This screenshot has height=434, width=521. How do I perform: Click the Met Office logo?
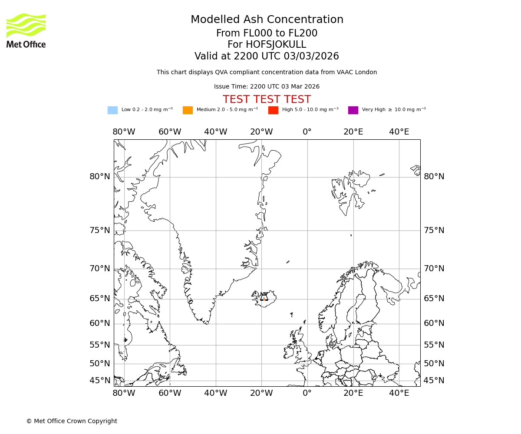click(26, 30)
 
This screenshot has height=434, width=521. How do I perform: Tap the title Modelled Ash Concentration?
click(267, 20)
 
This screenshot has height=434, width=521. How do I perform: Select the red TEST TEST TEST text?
click(267, 99)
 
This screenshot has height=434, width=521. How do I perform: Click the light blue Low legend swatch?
click(112, 110)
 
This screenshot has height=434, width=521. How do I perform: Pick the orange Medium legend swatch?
click(188, 110)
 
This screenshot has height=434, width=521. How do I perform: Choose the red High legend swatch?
click(273, 110)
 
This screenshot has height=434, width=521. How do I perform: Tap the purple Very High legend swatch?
click(353, 110)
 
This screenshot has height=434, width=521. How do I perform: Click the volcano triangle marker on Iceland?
click(264, 297)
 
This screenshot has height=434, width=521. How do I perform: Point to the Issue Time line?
click(267, 87)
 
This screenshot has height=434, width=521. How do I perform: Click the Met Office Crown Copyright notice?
click(72, 421)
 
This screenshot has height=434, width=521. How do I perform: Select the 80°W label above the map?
click(124, 132)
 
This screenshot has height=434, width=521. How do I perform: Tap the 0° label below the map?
click(307, 393)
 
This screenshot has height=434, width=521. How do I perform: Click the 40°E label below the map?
click(399, 393)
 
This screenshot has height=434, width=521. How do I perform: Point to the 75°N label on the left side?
click(100, 230)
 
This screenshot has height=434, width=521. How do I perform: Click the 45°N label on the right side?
click(434, 381)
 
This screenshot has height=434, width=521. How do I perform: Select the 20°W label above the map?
click(261, 132)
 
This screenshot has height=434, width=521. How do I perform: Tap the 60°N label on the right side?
click(434, 323)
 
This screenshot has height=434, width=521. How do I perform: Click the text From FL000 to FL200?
click(267, 33)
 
